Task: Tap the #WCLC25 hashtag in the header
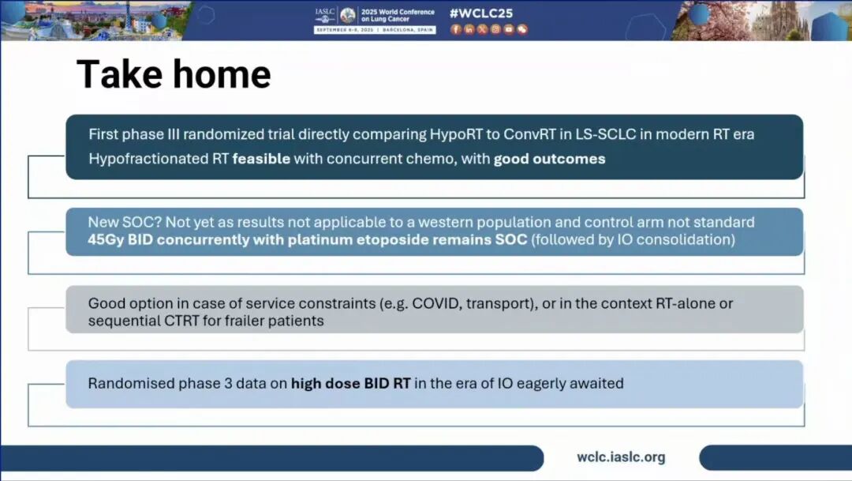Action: click(481, 13)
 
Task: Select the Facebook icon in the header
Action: click(456, 29)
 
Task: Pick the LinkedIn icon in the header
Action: click(469, 29)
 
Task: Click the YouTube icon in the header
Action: click(509, 29)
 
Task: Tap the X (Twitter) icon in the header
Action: click(483, 29)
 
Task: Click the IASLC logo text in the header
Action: click(325, 11)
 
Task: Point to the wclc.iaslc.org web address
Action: click(621, 457)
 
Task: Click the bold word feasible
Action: click(261, 159)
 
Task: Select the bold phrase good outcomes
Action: click(549, 159)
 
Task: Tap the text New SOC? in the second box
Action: click(125, 222)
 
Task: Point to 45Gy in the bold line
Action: click(106, 239)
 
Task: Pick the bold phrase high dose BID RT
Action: click(350, 384)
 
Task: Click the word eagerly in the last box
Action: click(542, 384)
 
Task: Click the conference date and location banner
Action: click(375, 30)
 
